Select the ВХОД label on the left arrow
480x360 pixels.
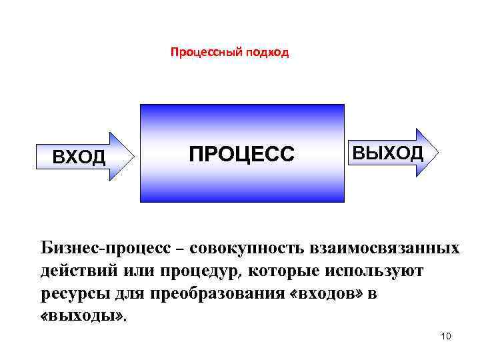[79, 157]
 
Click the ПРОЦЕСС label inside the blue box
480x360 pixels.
[241, 154]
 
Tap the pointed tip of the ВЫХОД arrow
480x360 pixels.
[439, 152]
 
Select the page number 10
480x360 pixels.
[446, 336]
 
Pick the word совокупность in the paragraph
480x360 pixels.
[246, 249]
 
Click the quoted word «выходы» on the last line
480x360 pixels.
[79, 315]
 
